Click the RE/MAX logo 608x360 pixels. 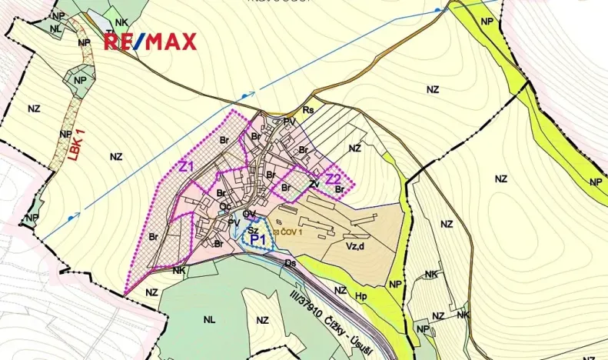coord(150,42)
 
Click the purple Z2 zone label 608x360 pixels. coord(333,179)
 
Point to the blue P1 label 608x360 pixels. coord(258,240)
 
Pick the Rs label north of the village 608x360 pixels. coord(308,110)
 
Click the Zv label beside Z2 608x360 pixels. coord(314,184)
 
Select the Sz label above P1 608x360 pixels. coord(252,228)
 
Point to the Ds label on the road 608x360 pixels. coord(291,263)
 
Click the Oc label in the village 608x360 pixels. coord(224,206)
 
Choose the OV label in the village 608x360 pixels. coord(248,214)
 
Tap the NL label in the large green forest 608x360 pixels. coord(209,318)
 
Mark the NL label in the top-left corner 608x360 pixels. coord(56,28)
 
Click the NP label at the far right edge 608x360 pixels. coord(595,182)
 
